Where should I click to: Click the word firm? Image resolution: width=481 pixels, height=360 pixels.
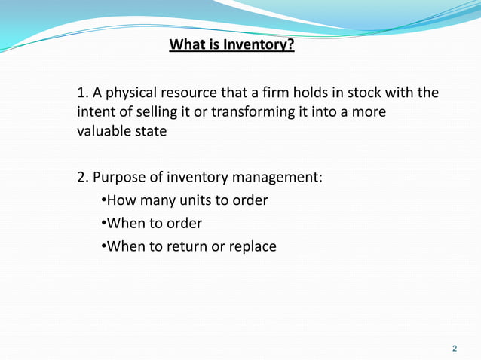268,93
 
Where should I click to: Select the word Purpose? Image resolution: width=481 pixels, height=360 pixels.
120,178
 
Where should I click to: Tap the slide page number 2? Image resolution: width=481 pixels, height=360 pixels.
454,349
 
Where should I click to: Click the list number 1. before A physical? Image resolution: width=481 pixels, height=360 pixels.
82,93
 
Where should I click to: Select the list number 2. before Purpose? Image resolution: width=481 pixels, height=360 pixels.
83,178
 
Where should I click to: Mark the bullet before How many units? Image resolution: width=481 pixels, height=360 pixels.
103,200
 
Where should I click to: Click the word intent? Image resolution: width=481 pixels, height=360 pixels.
96,112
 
